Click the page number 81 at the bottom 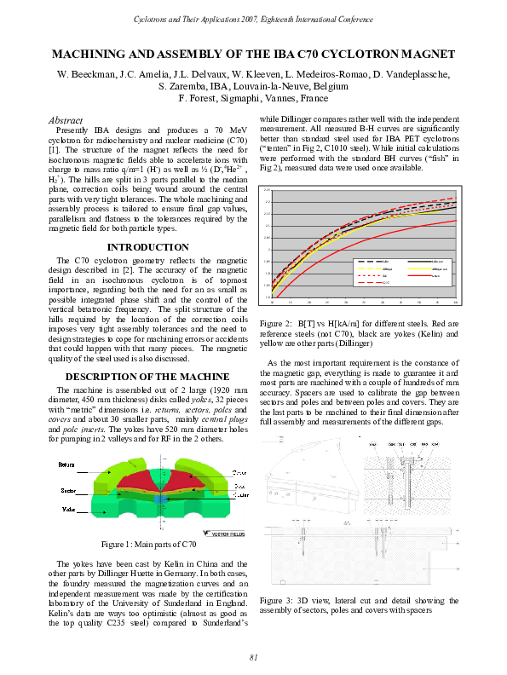[253, 655]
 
